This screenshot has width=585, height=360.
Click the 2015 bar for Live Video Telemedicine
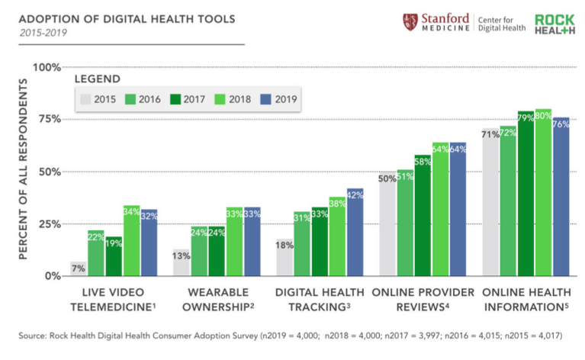coord(79,268)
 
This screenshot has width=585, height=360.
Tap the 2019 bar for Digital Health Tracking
coord(355,232)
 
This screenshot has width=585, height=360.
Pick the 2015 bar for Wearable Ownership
coord(182,262)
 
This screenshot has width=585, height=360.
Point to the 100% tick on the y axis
coord(46,67)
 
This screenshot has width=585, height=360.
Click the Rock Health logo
coord(554,23)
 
